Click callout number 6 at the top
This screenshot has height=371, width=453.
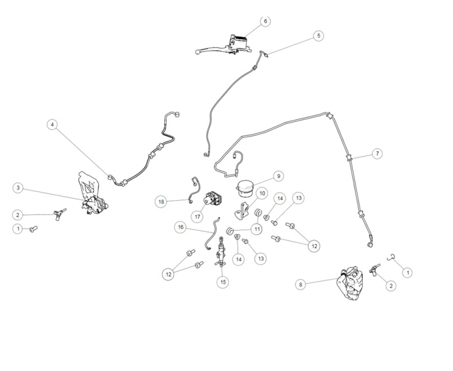tap(265, 21)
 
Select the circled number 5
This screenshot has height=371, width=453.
tap(318, 36)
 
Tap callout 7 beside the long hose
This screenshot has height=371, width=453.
tap(377, 153)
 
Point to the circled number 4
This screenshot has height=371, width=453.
tap(52, 124)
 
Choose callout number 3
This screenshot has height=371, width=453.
tap(18, 188)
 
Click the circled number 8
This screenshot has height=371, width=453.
tap(301, 284)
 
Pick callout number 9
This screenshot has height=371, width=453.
tap(278, 176)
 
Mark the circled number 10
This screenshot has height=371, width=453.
tap(262, 194)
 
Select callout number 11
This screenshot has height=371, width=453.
tap(257, 229)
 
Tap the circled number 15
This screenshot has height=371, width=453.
tap(223, 282)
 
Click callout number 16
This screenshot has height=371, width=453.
tap(181, 227)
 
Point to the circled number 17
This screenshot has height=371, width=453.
tap(197, 217)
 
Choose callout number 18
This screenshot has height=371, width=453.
tap(161, 202)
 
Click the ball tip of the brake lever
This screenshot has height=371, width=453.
tap(197, 52)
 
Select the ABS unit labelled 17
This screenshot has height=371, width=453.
tap(214, 198)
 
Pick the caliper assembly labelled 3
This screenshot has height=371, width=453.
tap(92, 194)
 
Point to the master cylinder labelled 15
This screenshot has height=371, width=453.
tap(221, 251)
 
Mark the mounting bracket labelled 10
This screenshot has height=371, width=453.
tap(241, 211)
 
